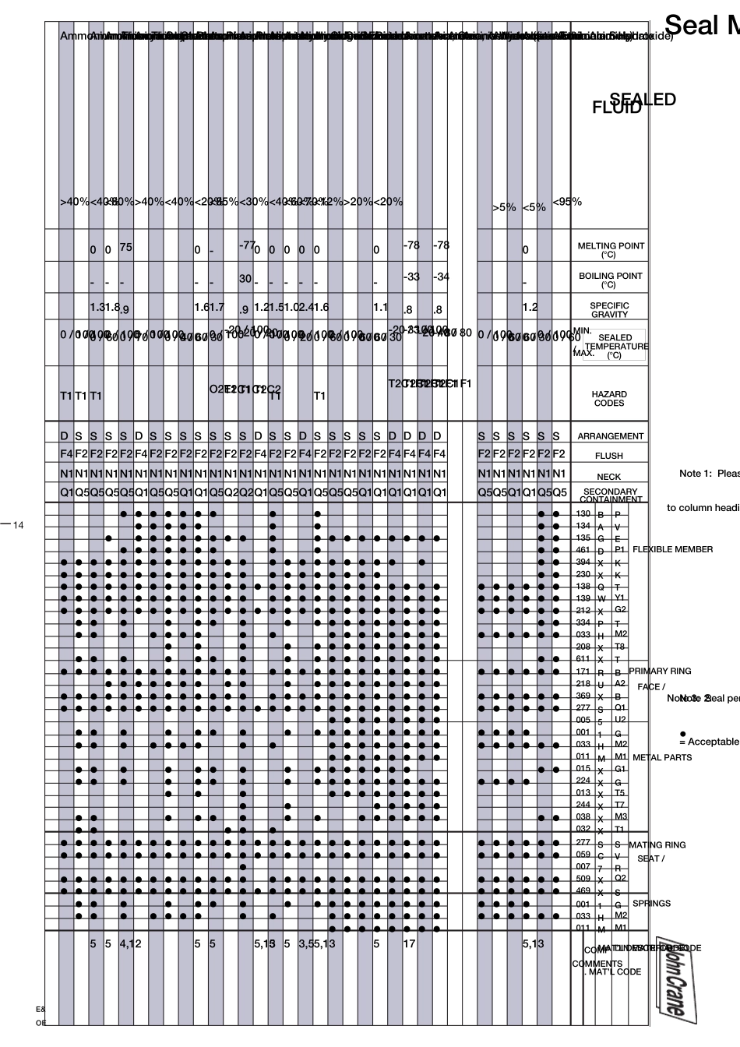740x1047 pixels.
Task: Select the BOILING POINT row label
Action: pos(610,280)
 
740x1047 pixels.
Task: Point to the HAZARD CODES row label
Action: pos(609,399)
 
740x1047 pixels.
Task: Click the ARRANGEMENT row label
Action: pos(610,436)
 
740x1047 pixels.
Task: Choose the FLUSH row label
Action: pos(609,456)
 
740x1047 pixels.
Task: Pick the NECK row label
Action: pos(609,476)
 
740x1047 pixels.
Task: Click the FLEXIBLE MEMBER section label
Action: pos(672,549)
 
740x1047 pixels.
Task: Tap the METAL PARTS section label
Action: pos(661,757)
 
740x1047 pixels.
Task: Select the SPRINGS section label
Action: pos(651,904)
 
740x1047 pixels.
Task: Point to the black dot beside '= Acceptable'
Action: pos(682,733)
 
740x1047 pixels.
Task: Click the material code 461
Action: pos(583,550)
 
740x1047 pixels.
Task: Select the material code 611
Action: pos(583,659)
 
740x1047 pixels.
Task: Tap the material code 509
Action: pos(583,879)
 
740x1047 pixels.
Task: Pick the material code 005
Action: pos(583,720)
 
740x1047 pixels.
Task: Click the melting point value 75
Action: pos(126,247)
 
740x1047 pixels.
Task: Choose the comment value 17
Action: pos(409,943)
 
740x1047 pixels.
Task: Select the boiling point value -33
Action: pos(411,277)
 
